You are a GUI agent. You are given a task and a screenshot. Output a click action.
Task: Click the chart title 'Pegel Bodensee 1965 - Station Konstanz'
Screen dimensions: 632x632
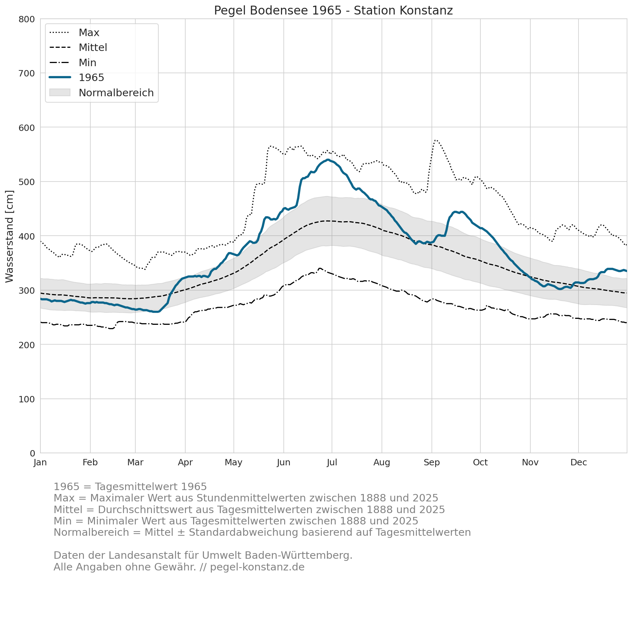click(333, 11)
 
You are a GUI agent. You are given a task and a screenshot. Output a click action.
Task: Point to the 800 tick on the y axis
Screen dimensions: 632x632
click(27, 19)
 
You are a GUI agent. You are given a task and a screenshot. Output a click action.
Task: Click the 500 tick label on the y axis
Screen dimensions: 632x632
click(27, 182)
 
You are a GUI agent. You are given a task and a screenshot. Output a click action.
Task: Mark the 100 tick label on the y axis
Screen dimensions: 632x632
click(27, 399)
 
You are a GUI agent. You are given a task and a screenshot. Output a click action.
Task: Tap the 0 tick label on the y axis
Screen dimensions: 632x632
click(32, 453)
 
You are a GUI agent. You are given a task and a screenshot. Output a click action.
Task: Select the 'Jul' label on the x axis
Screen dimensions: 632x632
click(332, 462)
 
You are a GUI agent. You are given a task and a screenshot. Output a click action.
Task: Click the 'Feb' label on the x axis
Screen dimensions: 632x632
click(90, 462)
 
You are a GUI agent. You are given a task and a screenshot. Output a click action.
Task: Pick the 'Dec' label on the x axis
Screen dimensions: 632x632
click(579, 462)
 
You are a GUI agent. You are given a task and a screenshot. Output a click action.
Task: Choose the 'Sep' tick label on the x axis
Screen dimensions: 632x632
click(431, 462)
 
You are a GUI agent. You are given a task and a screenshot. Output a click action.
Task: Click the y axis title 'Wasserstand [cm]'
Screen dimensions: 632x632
click(10, 236)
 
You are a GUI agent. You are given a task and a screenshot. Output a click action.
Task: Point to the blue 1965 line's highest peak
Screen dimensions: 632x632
click(328, 160)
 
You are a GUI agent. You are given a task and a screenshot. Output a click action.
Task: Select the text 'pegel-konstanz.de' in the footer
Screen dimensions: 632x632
click(257, 567)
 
